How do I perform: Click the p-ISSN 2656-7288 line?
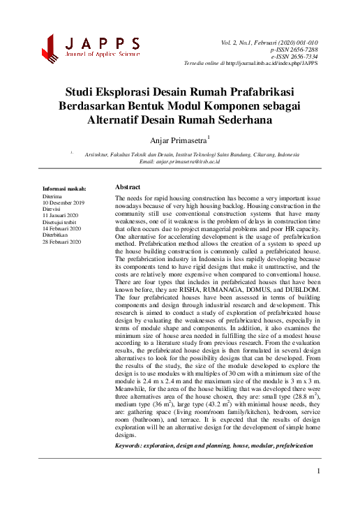click(x=298, y=50)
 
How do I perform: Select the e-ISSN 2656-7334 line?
click(x=298, y=58)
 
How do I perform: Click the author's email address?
click(x=188, y=161)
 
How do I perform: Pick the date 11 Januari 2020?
click(x=61, y=215)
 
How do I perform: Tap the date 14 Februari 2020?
click(x=62, y=228)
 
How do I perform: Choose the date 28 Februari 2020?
click(x=62, y=241)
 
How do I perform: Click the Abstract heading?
click(x=128, y=188)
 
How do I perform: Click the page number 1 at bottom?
click(x=317, y=471)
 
